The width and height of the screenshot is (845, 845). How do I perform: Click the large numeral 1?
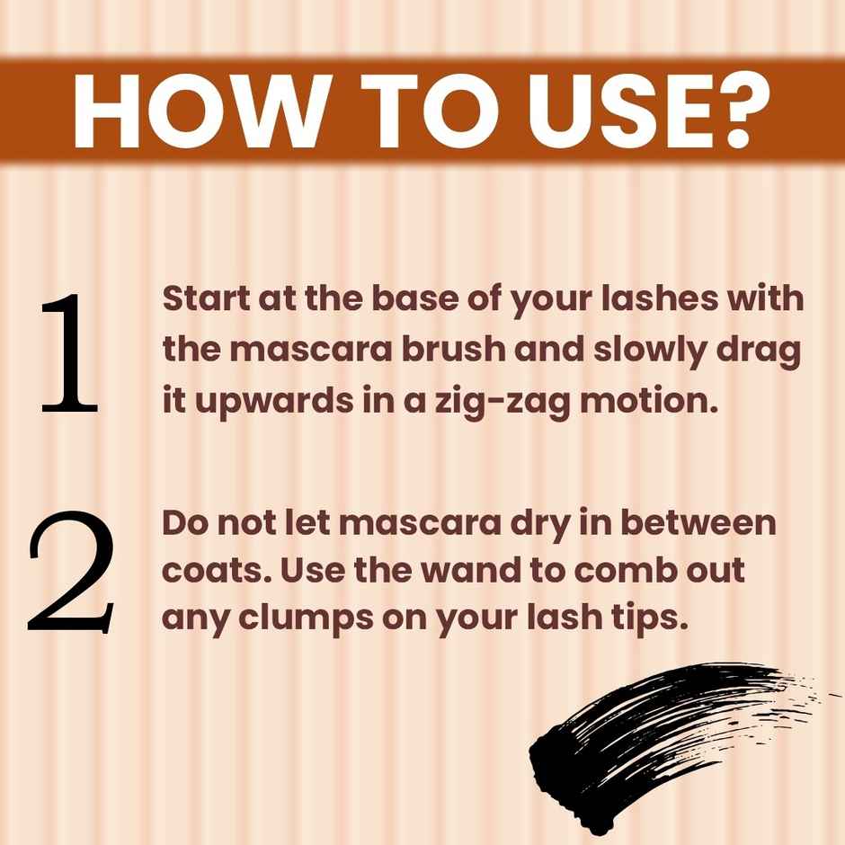pyautogui.click(x=68, y=352)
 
